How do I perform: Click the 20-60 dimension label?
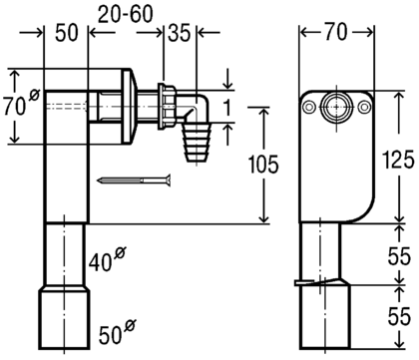(126, 14)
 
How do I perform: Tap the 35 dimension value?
(180, 33)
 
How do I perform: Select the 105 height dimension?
(263, 165)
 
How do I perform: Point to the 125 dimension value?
(398, 160)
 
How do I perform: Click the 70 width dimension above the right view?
(336, 32)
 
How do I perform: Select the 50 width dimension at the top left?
(67, 33)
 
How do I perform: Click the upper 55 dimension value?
(399, 256)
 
